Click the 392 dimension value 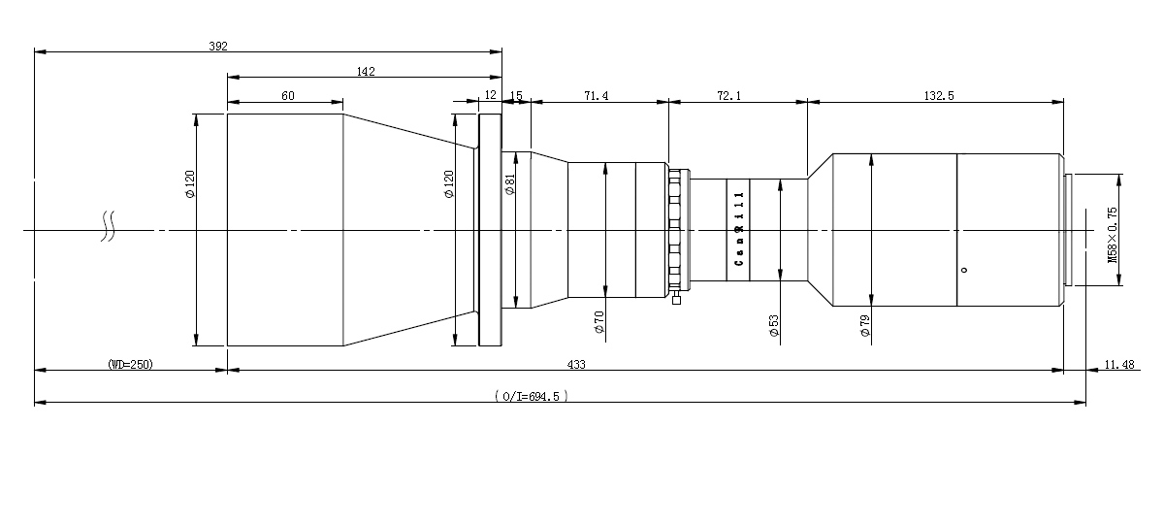pyautogui.click(x=218, y=47)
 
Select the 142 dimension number pyautogui.click(x=366, y=71)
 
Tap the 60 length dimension pyautogui.click(x=288, y=96)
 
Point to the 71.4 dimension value pyautogui.click(x=596, y=96)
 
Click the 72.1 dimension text pyautogui.click(x=729, y=96)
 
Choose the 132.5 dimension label pyautogui.click(x=939, y=96)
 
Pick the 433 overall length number pyautogui.click(x=576, y=365)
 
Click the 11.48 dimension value pyautogui.click(x=1119, y=365)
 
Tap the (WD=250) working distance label pyautogui.click(x=130, y=365)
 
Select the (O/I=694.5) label pyautogui.click(x=532, y=397)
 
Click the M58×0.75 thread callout pyautogui.click(x=1112, y=235)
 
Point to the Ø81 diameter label pyautogui.click(x=510, y=184)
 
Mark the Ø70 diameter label pyautogui.click(x=599, y=322)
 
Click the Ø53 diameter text pyautogui.click(x=774, y=326)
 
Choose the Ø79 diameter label pyautogui.click(x=864, y=326)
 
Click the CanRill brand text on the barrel pyautogui.click(x=739, y=229)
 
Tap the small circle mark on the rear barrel pyautogui.click(x=964, y=270)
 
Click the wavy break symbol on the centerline pyautogui.click(x=108, y=226)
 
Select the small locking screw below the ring pyautogui.click(x=676, y=299)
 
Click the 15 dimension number pyautogui.click(x=516, y=96)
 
